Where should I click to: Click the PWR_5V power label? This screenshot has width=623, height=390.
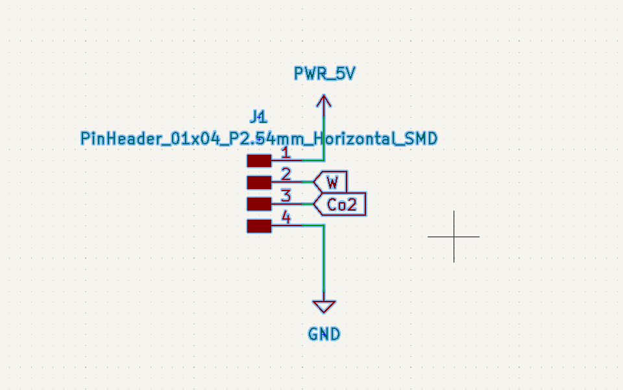pos(324,73)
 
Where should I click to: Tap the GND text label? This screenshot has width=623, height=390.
pos(324,334)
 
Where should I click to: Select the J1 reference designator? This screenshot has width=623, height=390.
pos(259,117)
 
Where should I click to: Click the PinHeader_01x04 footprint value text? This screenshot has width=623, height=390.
pos(259,138)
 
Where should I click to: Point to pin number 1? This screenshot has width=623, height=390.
pos(286,152)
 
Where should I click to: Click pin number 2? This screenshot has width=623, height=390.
pos(286,174)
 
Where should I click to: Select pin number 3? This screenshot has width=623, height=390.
pos(286,196)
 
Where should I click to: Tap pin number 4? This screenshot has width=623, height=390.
pos(286,217)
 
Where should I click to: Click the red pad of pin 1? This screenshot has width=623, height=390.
pos(259,161)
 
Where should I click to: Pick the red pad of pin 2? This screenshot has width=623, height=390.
pos(259,182)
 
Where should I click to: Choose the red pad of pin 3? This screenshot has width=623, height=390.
pos(259,203)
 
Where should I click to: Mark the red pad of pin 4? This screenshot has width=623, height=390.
pos(259,226)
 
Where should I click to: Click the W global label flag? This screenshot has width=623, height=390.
pos(330,182)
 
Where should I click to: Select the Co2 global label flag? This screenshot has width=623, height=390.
pos(340,204)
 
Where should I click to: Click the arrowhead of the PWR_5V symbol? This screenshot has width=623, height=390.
pos(324,101)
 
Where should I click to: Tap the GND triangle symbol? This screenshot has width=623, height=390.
pos(324,306)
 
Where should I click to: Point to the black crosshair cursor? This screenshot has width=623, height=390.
pos(454,237)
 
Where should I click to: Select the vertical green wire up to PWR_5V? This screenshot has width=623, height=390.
pos(324,138)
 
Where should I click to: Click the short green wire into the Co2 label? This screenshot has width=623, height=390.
pos(308,203)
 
